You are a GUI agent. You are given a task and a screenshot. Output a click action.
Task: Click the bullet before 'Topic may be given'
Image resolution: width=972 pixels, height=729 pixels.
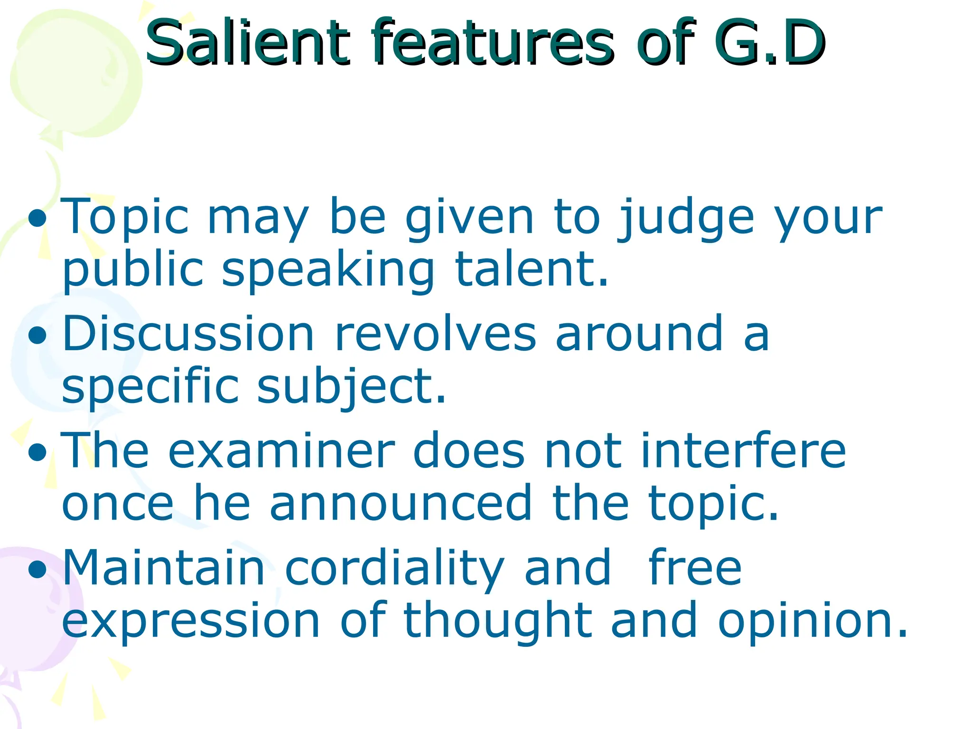point(37,219)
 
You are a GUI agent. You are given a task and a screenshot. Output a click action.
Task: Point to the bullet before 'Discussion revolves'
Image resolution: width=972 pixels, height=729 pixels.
point(37,336)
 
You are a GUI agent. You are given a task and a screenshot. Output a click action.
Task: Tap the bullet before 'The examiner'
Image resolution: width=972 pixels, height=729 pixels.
point(37,452)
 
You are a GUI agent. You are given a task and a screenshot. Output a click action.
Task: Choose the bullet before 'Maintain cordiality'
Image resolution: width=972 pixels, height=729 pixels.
point(37,569)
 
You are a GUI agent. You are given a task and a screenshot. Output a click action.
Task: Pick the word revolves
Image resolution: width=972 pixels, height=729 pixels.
point(435,335)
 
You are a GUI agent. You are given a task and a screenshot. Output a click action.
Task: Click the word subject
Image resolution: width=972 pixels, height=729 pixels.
point(351,387)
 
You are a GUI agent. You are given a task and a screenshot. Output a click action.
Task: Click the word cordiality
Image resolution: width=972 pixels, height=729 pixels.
point(394,570)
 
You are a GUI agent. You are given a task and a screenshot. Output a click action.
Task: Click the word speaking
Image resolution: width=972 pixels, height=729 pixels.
point(327,271)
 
